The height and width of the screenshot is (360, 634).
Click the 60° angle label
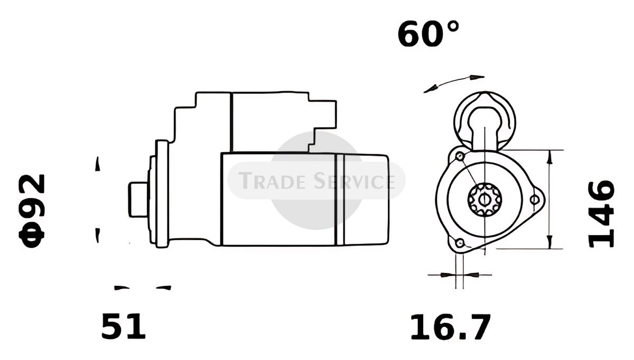(428, 34)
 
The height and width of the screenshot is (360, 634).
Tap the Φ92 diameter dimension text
(32, 211)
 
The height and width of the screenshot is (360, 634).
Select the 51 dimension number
(124, 326)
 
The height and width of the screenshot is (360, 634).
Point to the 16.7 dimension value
(450, 327)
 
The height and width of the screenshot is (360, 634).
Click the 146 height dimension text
(601, 214)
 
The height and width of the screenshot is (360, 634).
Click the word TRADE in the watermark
(272, 181)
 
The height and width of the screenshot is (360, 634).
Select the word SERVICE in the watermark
(355, 181)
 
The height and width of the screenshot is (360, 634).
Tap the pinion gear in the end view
(484, 199)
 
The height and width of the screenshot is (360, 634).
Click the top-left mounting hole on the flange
(460, 156)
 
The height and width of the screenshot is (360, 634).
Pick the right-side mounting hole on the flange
(534, 200)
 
